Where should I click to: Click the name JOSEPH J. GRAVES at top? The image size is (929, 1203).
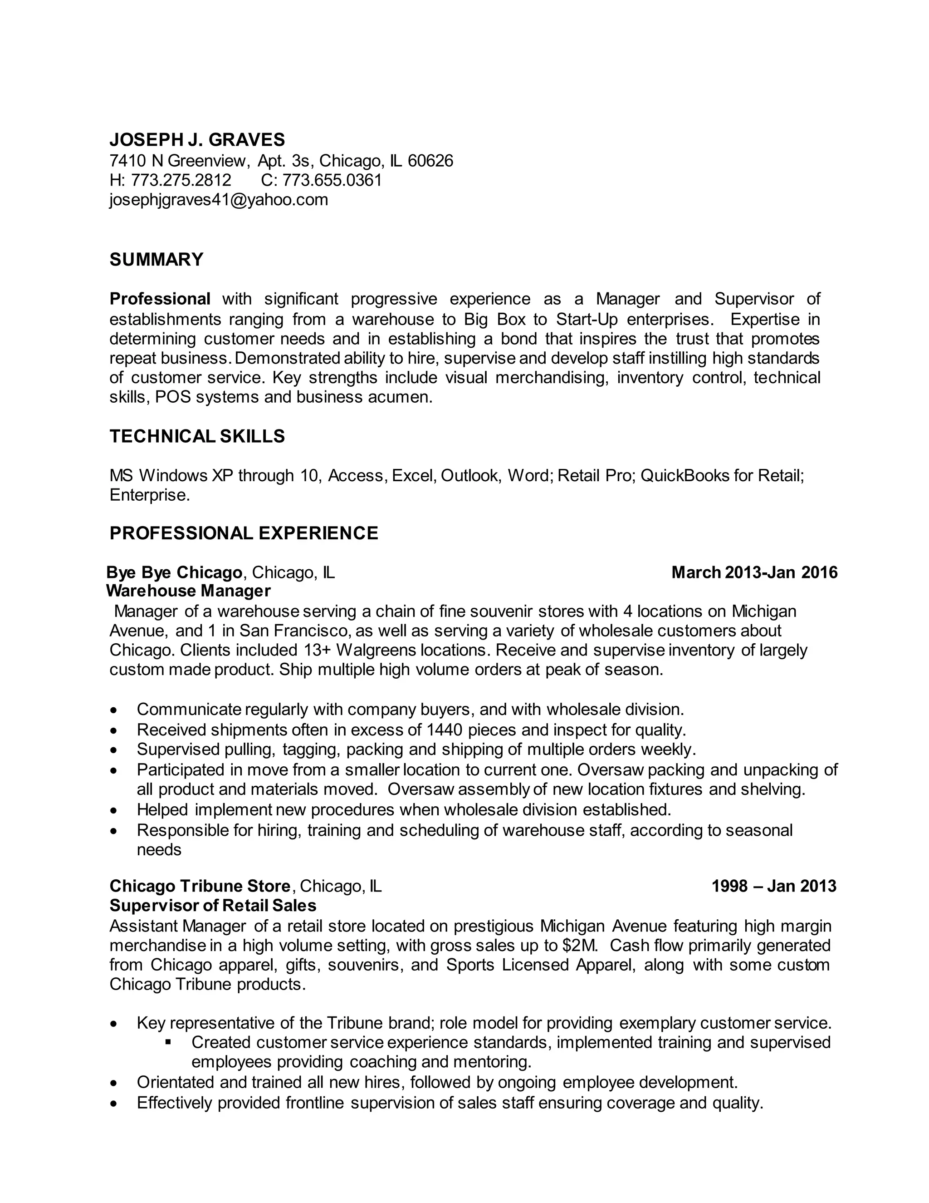pos(197,139)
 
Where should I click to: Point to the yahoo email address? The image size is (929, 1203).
pos(219,199)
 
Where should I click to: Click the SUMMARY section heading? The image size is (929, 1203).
pos(156,259)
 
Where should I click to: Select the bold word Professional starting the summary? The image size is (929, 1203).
pos(160,299)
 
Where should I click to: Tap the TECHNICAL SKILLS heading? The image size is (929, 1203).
pos(197,436)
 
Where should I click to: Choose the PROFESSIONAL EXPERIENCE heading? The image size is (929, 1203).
pos(244,533)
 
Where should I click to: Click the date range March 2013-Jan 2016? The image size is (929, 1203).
pos(754,572)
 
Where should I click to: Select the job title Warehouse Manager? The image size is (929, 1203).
pos(188,591)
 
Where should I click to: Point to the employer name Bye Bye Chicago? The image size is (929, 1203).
pos(174,572)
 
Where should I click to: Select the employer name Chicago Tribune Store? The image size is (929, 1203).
pos(200,886)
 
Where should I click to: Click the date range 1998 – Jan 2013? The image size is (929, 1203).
pos(773,886)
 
